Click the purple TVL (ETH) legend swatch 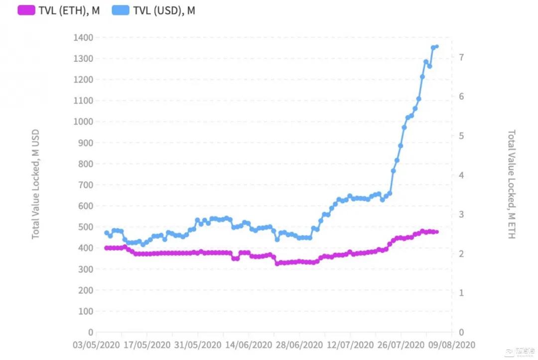point(26,10)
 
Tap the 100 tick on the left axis point(86,311)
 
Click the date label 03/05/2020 point(96,345)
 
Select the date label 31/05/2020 point(197,345)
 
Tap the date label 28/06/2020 point(299,345)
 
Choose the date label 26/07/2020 point(401,345)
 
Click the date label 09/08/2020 point(452,345)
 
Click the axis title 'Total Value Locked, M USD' point(36,184)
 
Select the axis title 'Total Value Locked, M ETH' point(511,184)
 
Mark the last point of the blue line point(437,47)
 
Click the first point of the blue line point(106,233)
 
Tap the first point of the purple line point(106,248)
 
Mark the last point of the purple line point(437,232)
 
